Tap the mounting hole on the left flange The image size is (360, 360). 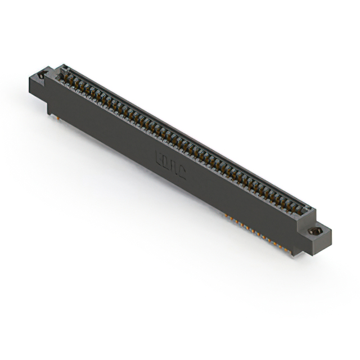[x=41, y=75]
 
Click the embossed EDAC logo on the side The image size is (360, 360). [x=170, y=164]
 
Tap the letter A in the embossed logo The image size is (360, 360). [x=174, y=166]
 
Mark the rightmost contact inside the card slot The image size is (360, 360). [x=300, y=211]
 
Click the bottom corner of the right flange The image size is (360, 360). [x=324, y=246]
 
